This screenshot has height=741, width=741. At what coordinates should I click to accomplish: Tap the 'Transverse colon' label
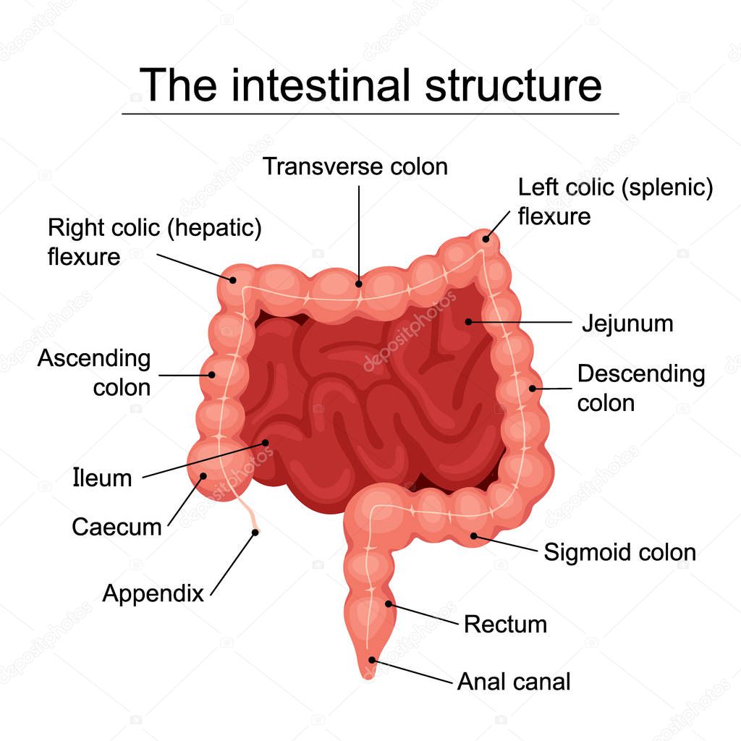point(355,166)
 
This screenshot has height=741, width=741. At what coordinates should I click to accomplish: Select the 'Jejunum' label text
point(627,323)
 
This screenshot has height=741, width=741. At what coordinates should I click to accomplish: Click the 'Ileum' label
point(103,478)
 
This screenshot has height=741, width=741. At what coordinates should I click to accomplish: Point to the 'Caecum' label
point(117,527)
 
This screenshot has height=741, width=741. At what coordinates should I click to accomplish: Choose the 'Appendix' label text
point(153,593)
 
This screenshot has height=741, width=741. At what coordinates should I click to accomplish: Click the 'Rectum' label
point(505,624)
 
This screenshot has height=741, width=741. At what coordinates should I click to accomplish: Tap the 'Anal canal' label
point(514,681)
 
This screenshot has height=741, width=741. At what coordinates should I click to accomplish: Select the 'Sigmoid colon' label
point(619,552)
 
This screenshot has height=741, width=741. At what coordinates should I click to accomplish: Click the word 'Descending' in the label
point(640,374)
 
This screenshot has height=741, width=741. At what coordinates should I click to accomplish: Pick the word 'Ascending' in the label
point(94,358)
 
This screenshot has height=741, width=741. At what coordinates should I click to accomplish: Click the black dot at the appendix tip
point(255,533)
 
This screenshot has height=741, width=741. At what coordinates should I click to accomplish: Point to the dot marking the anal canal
point(372,659)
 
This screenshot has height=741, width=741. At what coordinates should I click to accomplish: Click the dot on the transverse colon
point(360,284)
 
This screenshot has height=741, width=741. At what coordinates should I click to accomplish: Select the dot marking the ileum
point(266,441)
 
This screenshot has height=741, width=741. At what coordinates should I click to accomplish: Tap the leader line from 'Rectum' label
point(425,614)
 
